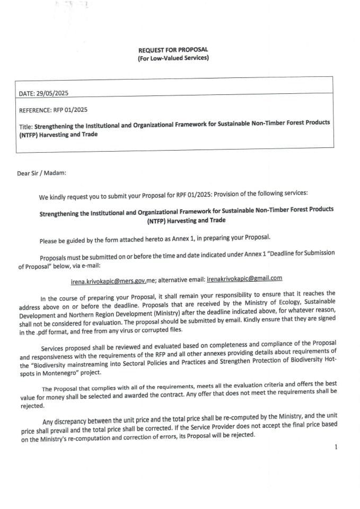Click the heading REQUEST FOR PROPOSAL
(173, 50)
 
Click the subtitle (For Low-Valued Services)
(173, 57)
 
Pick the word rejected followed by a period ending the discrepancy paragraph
(242, 435)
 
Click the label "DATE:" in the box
(27, 93)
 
